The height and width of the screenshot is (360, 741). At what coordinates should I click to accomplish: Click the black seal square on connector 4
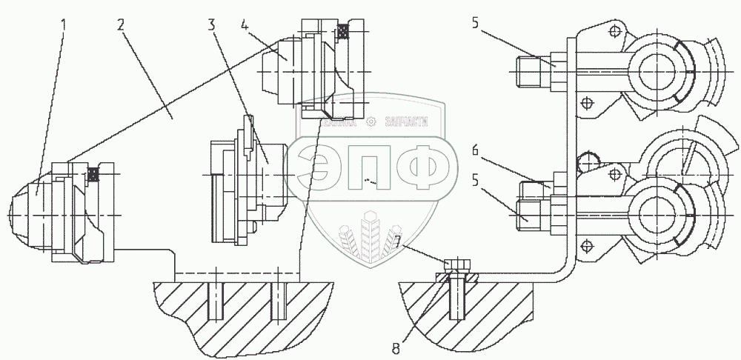(342, 31)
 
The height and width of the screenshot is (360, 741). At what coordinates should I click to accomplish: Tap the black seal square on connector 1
(93, 173)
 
